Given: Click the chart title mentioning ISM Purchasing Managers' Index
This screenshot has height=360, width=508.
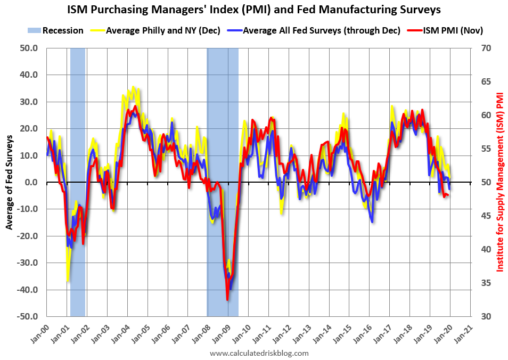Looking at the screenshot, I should (x=254, y=9).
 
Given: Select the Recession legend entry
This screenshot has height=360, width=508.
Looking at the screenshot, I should (x=55, y=30).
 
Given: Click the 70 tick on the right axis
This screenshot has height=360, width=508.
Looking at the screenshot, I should (x=486, y=48).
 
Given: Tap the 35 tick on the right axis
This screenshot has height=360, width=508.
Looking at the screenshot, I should (x=486, y=283).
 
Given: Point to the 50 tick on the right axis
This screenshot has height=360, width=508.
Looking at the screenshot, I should (x=486, y=182).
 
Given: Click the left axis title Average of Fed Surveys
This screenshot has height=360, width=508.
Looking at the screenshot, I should (x=10, y=182).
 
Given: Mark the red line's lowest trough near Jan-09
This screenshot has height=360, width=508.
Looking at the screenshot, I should (x=227, y=300).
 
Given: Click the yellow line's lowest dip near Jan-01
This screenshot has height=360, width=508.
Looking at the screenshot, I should (x=68, y=281).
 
